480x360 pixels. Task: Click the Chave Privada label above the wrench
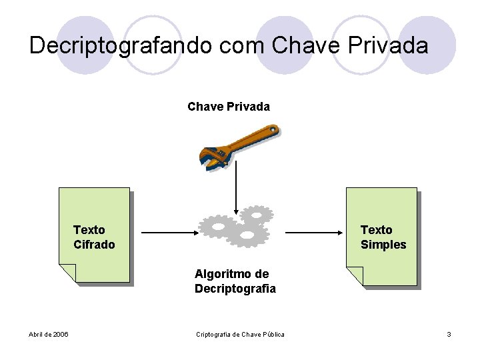229,107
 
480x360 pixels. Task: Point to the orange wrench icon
240,146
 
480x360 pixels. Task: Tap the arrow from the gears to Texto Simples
313,233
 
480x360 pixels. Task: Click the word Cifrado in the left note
94,245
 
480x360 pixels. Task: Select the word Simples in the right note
383,245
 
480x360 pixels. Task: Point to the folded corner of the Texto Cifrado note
67,273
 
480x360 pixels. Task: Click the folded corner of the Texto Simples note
355,275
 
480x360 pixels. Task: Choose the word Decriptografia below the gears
235,289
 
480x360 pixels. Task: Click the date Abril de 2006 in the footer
49,334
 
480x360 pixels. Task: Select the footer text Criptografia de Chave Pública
240,334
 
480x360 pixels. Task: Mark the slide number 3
449,334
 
